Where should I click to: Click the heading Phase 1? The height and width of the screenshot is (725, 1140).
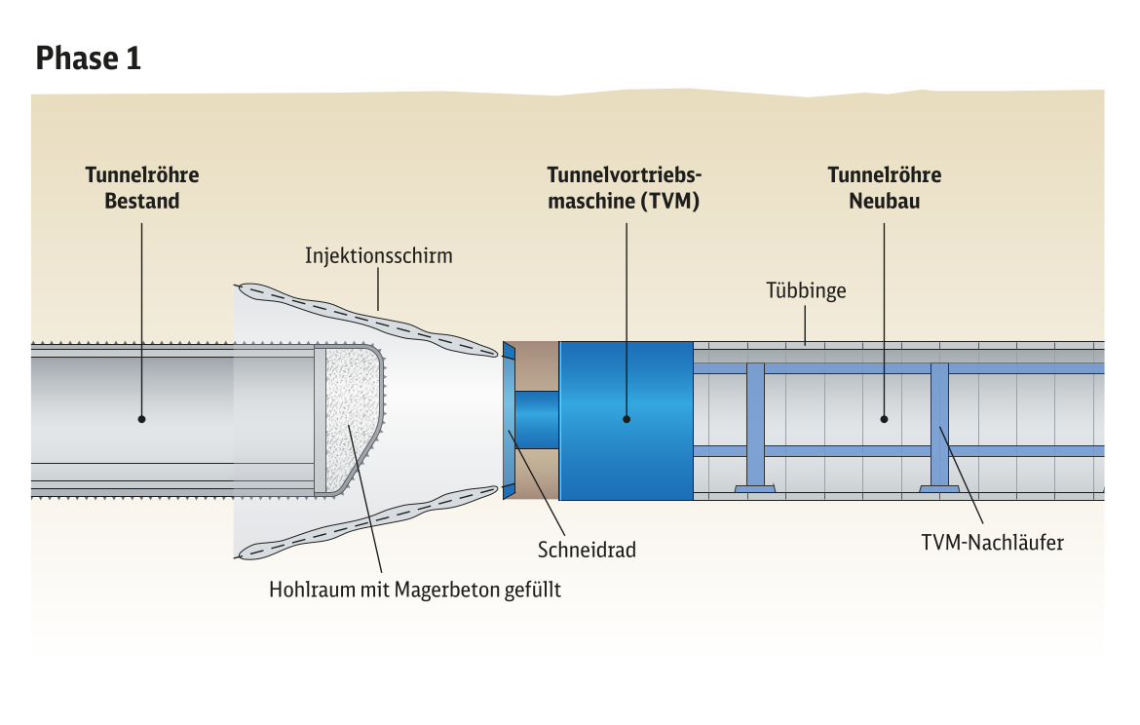pos(88,58)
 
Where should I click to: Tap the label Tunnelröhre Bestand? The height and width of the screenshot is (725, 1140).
pos(142,188)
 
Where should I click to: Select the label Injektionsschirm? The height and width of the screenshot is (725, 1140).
pos(378,256)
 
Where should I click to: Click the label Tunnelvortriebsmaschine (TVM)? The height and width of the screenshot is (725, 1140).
pos(624,188)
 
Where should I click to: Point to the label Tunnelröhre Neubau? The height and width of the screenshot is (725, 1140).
pos(884,188)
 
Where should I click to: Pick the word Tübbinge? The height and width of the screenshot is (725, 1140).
pos(806,290)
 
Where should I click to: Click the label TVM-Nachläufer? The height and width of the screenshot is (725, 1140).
pos(993,543)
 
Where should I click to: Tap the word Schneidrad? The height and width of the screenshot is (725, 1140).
pos(587,550)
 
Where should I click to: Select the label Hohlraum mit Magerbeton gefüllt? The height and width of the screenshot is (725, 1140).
pos(414,589)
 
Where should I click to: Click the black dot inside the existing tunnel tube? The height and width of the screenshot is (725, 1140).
pos(142,419)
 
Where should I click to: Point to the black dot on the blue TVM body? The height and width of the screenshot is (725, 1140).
pos(627,419)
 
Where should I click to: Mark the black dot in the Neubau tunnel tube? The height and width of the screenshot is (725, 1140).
pos(884,419)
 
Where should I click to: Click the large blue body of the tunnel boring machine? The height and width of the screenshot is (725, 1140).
pos(626,421)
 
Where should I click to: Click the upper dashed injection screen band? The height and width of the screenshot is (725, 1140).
pos(368,320)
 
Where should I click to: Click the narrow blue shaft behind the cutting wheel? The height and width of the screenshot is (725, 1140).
pos(537,420)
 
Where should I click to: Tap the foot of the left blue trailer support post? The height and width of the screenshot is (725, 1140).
pos(755,489)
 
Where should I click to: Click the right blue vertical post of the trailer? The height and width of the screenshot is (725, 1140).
pos(939,425)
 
